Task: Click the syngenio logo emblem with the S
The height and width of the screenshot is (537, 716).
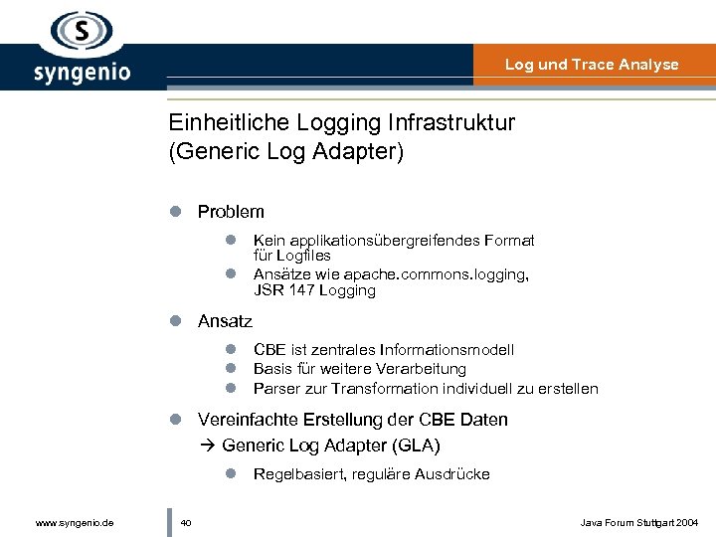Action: tap(82, 32)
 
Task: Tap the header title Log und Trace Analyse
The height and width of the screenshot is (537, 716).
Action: tap(592, 65)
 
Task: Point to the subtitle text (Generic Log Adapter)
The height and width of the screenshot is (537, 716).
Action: tap(286, 153)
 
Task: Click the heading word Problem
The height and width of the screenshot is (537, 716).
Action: tap(231, 212)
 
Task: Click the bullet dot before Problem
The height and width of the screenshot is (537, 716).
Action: tap(175, 212)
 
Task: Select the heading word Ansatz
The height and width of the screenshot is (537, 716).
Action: tap(225, 321)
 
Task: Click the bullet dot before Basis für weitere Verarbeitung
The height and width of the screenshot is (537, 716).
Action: tap(230, 369)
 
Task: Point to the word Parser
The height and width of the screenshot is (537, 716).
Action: tap(274, 388)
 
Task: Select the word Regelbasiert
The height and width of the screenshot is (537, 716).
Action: tap(297, 474)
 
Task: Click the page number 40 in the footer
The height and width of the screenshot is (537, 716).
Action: tap(186, 522)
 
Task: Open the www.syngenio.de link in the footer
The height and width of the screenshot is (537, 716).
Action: tap(75, 522)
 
